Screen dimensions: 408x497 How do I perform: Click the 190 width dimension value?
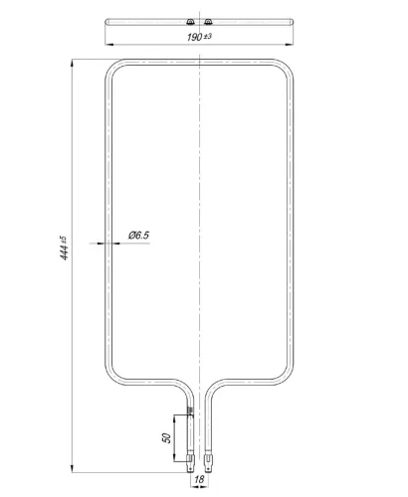point(194,37)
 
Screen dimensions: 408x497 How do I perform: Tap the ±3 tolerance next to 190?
point(207,36)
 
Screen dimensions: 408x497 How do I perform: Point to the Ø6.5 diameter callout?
point(138,236)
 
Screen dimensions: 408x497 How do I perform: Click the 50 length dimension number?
point(167,438)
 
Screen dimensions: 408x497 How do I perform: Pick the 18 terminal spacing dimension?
point(199,479)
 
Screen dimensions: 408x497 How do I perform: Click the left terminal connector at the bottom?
point(190,462)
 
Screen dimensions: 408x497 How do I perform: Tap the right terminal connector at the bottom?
point(208,462)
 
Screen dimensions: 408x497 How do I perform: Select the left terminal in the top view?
point(190,22)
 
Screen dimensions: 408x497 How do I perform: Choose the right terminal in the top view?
point(208,22)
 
